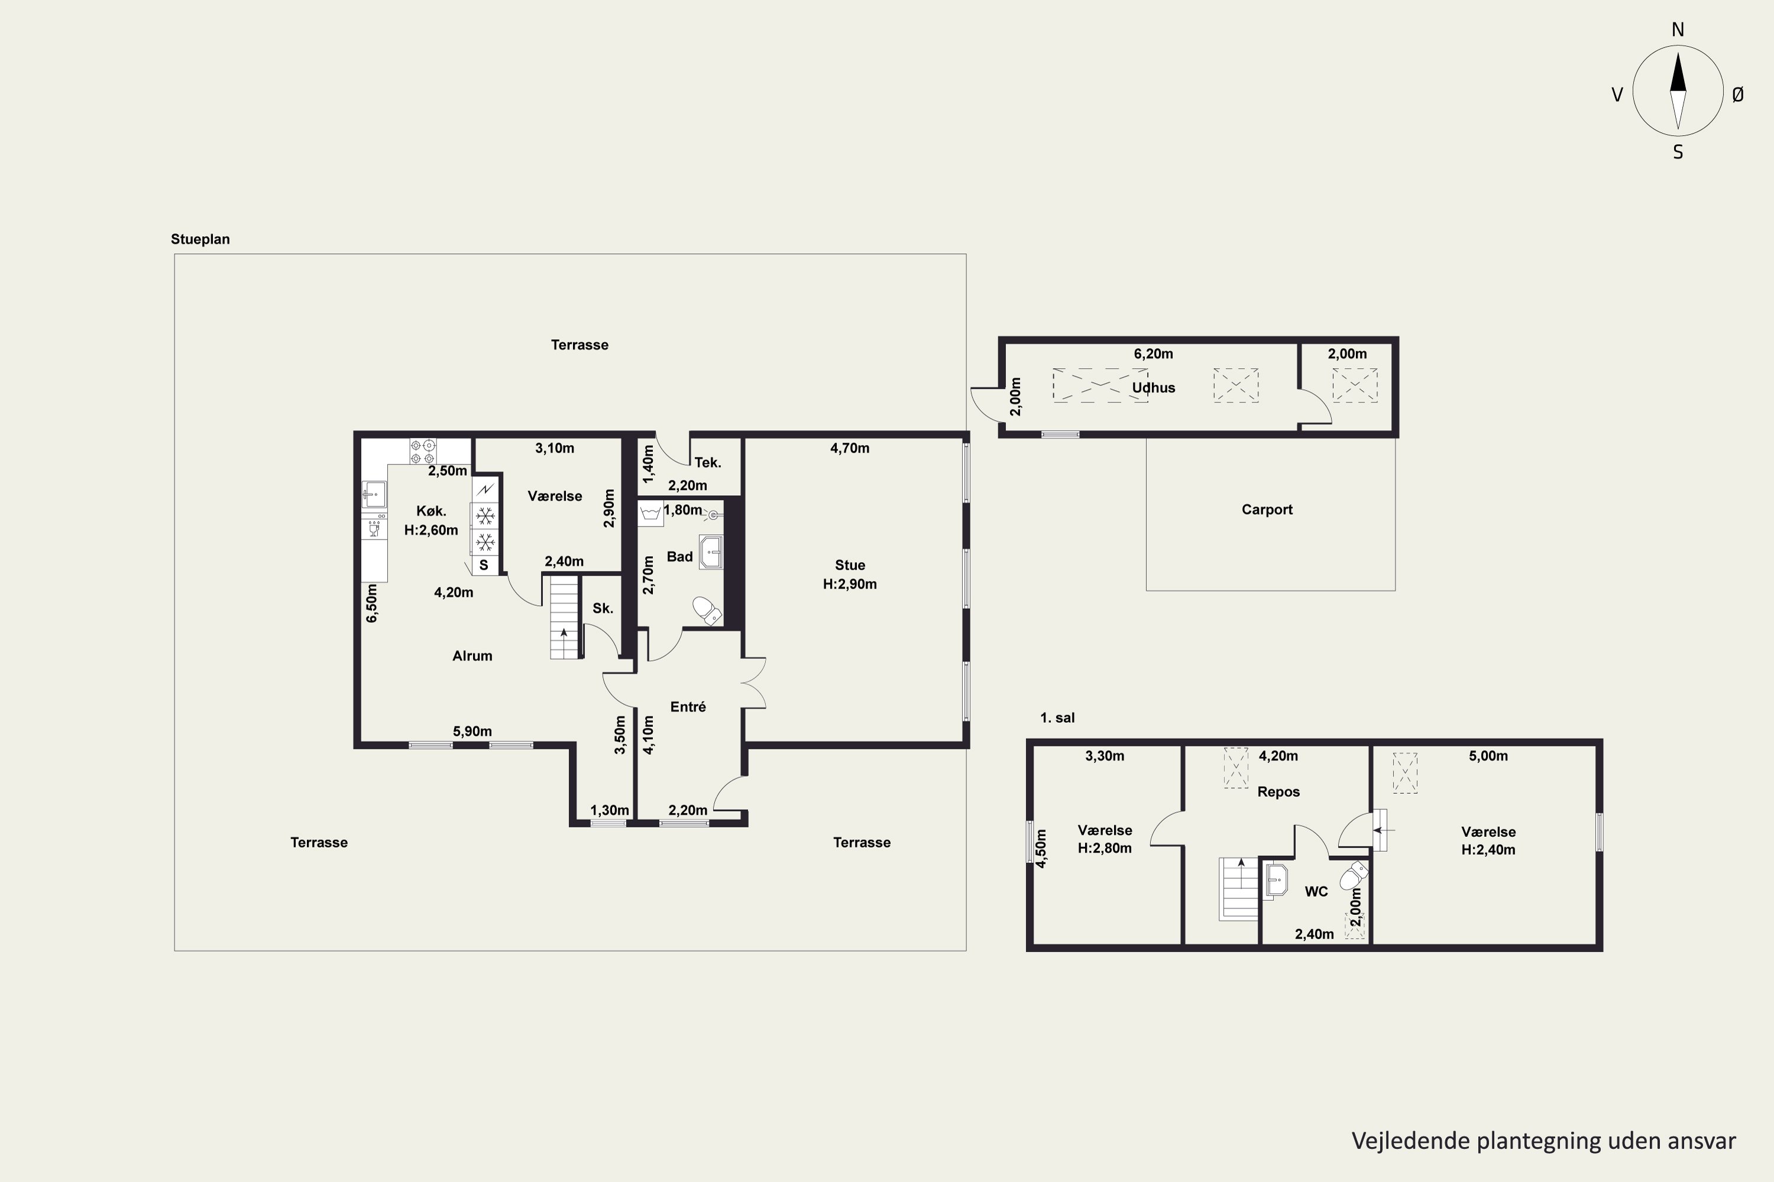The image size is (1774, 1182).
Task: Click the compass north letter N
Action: click(1678, 30)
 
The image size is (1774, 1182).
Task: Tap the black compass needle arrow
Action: click(1678, 74)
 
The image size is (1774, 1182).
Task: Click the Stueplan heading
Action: click(200, 239)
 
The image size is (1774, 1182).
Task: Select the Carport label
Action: click(1267, 509)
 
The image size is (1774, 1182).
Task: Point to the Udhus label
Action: click(1153, 388)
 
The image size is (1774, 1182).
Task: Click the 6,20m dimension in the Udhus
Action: click(1153, 353)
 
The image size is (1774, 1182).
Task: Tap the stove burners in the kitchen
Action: click(422, 452)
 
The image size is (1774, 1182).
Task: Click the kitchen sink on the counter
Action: click(374, 495)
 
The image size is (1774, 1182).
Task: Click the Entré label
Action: click(688, 706)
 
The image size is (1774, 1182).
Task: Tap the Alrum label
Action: click(472, 656)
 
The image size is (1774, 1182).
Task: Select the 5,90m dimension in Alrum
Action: click(472, 731)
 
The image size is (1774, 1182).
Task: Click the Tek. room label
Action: click(707, 463)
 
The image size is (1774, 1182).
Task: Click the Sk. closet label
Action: click(603, 608)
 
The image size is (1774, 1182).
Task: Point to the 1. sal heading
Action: click(1057, 717)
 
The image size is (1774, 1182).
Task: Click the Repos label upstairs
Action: click(1278, 791)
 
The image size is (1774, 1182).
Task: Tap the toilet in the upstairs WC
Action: click(1354, 876)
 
